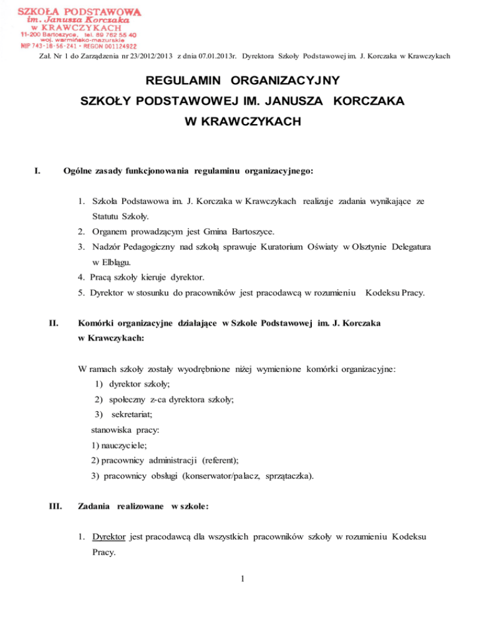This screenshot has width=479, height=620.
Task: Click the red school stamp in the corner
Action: coord(79,28)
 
